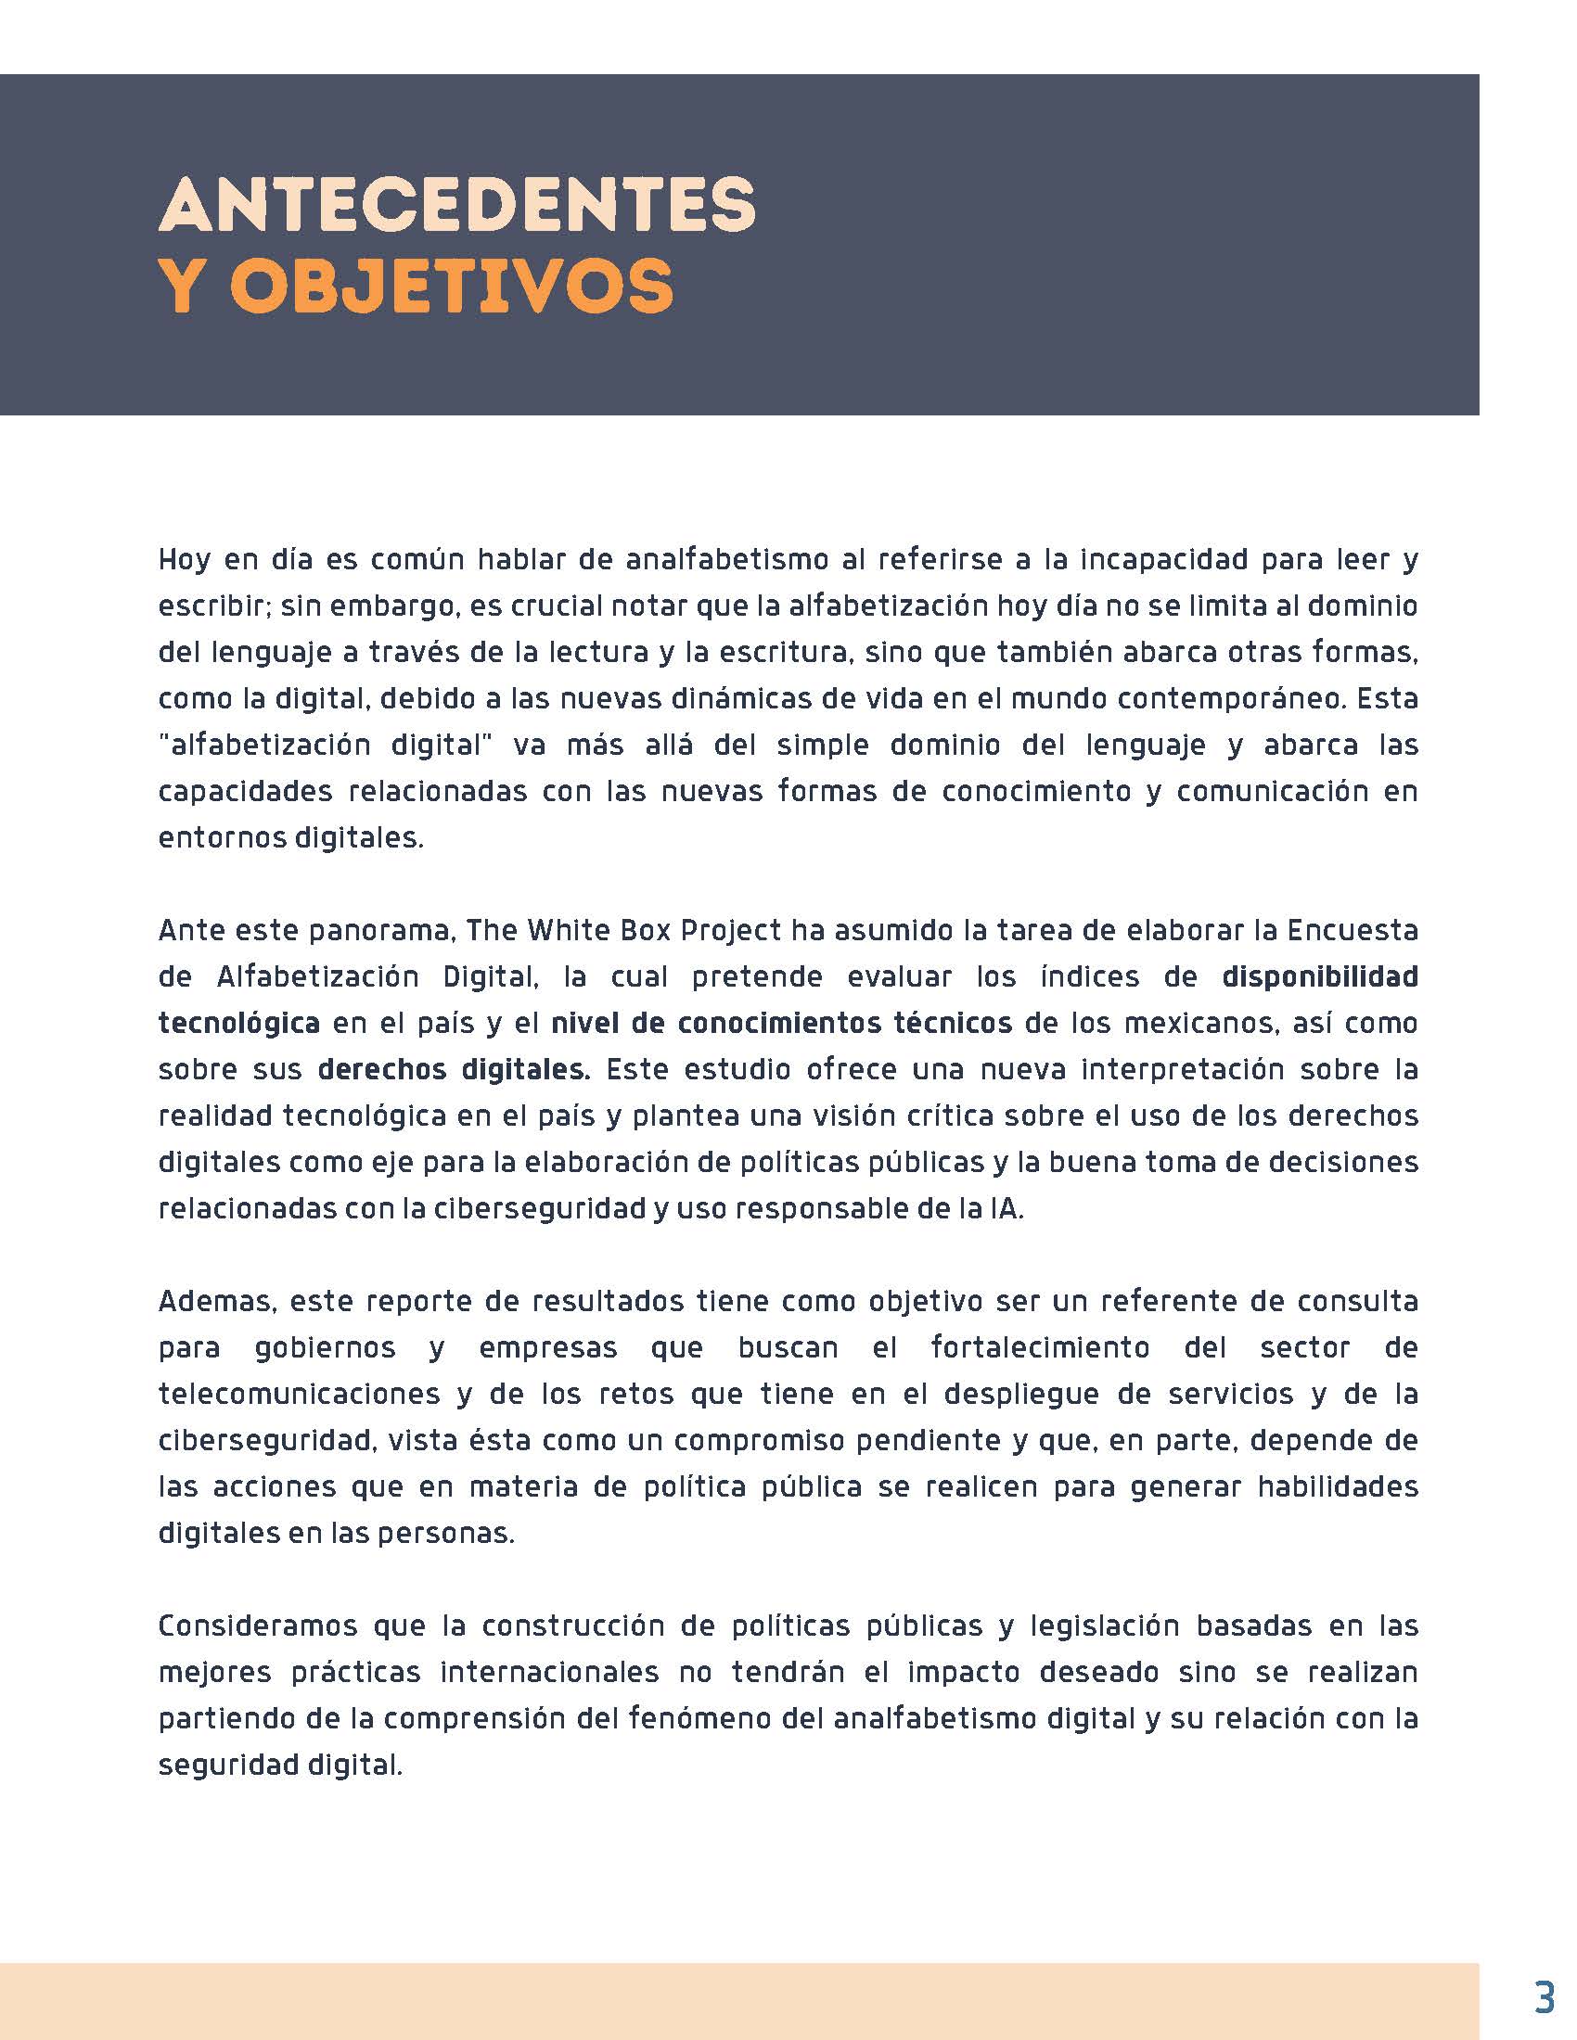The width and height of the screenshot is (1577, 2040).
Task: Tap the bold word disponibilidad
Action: click(1319, 976)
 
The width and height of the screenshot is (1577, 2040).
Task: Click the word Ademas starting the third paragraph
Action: click(212, 1301)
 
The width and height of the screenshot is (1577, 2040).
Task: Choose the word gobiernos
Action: click(325, 1347)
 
